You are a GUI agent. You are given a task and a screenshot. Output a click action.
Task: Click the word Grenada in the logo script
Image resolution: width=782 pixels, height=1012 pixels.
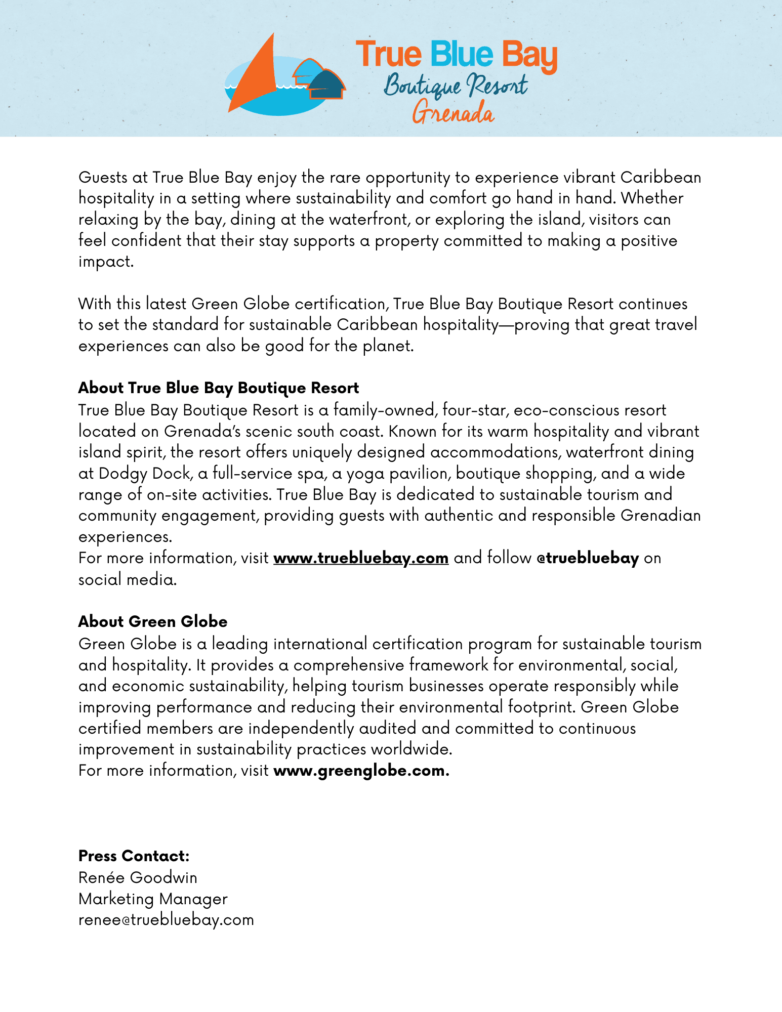pos(452,112)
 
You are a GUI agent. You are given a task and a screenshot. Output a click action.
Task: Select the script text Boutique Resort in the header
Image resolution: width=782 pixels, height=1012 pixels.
pos(455,85)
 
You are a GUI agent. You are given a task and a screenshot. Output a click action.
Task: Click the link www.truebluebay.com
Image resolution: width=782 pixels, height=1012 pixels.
pos(361,558)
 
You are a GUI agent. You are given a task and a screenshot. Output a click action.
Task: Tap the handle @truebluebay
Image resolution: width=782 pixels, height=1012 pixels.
pos(587,558)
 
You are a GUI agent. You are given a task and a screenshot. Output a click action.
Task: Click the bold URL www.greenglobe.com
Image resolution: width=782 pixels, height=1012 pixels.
pos(361,771)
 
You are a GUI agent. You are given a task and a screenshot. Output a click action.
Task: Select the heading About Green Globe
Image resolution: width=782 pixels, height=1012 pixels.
pos(153,621)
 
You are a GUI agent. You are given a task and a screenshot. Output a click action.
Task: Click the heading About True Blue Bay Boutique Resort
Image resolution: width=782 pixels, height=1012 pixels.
pos(219,388)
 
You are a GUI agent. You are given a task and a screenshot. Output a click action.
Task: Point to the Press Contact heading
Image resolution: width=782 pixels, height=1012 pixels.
pos(134,856)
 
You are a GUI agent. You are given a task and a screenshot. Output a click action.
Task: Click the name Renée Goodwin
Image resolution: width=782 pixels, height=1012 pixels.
pos(138,877)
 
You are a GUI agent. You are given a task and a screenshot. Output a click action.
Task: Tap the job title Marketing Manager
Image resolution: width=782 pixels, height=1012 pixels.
pos(153,899)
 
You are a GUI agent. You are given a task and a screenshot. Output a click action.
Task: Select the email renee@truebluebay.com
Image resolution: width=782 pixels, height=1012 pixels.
pos(166,920)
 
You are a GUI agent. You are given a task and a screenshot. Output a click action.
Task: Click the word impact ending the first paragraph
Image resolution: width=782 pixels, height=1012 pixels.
pos(105,262)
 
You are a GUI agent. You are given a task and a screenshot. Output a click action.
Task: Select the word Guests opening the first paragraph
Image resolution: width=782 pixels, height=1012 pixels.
pos(103,177)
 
